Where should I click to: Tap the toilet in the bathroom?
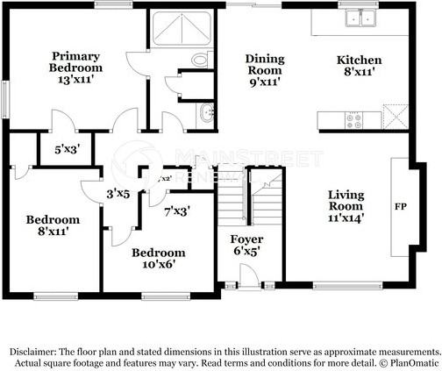coord(201,59)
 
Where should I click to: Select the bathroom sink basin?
coord(206,111)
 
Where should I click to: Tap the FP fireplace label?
coord(399,208)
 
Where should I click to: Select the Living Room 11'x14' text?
coord(346,204)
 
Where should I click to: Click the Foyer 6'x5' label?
coord(246,245)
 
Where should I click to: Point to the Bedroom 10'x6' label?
coord(158,259)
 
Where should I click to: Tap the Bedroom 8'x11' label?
coord(53,225)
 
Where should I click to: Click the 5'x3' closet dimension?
coord(67,149)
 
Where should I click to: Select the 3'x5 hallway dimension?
coord(118,193)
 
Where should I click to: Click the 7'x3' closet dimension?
coord(176,210)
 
